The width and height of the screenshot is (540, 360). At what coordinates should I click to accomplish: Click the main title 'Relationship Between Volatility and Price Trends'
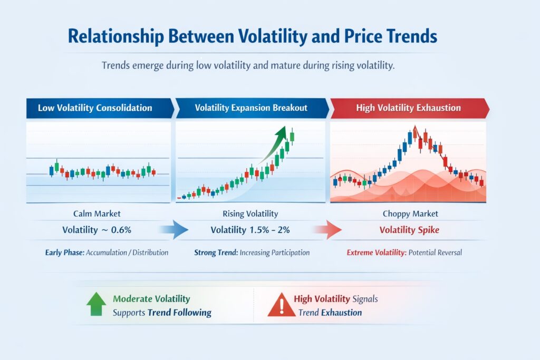pyautogui.click(x=253, y=36)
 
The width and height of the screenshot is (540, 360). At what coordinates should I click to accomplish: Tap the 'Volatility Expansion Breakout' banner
pyautogui.click(x=251, y=108)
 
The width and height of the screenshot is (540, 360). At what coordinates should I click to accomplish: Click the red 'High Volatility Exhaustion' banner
pyautogui.click(x=408, y=108)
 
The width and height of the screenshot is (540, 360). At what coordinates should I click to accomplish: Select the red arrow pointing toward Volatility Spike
pyautogui.click(x=327, y=230)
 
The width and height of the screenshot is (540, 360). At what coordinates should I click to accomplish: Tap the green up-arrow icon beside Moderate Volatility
pyautogui.click(x=95, y=305)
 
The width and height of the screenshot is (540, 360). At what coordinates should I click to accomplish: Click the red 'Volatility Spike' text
pyautogui.click(x=408, y=230)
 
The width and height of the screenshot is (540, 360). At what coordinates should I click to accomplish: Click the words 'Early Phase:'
pyautogui.click(x=64, y=252)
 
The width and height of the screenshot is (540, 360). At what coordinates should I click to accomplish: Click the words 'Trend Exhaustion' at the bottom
pyautogui.click(x=330, y=313)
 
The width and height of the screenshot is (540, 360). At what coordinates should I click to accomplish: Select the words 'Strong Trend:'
pyautogui.click(x=216, y=252)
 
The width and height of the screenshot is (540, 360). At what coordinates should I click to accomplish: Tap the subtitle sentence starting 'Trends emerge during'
pyautogui.click(x=248, y=66)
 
